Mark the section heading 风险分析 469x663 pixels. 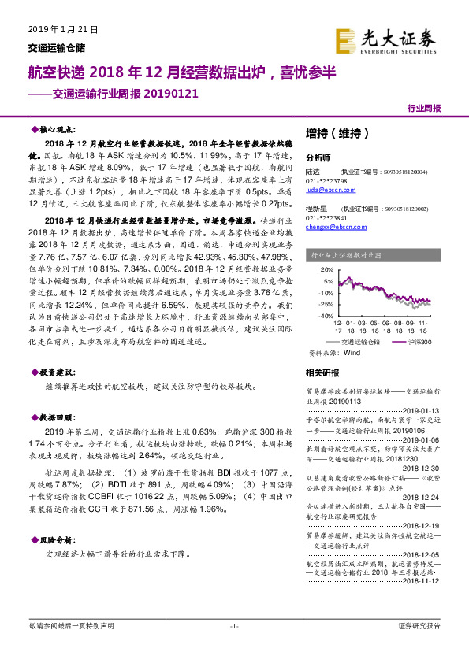pyautogui.click(x=56, y=539)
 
